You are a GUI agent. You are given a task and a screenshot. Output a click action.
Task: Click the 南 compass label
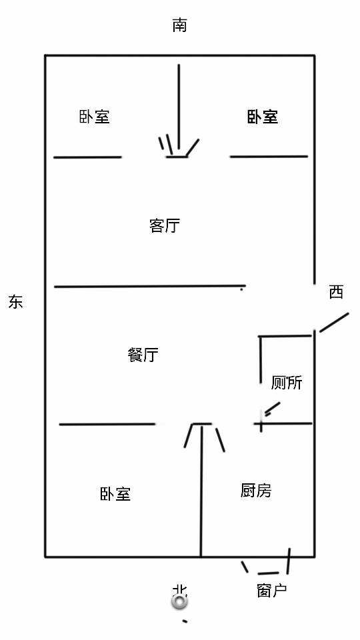179,25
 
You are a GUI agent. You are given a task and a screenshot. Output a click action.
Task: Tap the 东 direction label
15,302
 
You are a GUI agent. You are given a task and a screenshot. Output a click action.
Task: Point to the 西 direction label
336,292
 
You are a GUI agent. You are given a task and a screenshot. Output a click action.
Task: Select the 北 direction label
179,590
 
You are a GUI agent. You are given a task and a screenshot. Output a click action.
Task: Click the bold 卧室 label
263,117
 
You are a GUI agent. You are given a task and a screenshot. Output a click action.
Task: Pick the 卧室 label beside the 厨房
115,494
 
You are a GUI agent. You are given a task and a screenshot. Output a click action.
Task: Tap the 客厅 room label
165,225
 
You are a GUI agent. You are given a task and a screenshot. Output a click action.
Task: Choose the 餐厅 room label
143,355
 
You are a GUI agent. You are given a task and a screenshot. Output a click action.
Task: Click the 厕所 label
287,383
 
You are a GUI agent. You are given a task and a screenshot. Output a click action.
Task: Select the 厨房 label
256,490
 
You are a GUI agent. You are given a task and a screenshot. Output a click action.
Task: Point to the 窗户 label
272,590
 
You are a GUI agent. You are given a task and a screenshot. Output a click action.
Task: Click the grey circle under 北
179,602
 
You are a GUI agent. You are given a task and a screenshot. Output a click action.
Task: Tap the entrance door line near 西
334,323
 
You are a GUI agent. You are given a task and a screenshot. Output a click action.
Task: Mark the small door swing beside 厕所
273,409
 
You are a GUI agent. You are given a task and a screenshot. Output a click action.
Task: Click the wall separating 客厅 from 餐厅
150,287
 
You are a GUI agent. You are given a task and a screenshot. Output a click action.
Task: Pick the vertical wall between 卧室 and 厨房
201,490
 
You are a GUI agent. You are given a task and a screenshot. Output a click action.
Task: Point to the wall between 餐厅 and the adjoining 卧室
107,425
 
